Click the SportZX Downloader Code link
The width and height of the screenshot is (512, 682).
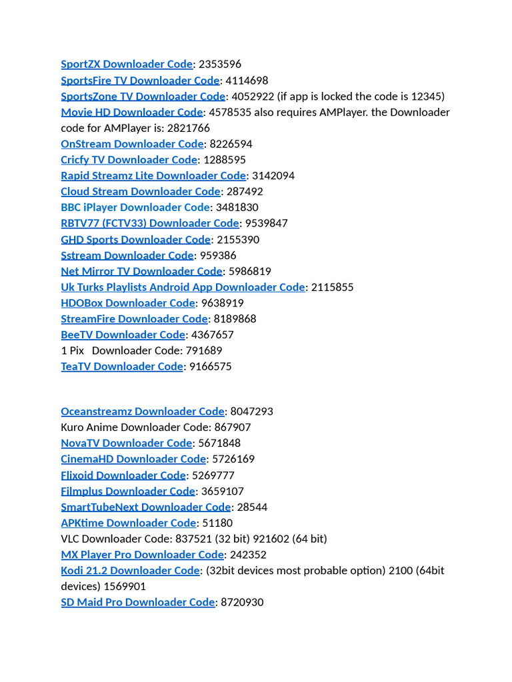tap(127, 65)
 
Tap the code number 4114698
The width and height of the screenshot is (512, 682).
tap(247, 81)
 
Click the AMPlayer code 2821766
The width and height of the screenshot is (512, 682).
tap(189, 128)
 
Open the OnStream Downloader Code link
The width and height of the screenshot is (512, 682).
tap(132, 144)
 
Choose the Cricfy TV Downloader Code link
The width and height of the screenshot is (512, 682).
tap(129, 160)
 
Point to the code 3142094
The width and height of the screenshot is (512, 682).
tap(273, 176)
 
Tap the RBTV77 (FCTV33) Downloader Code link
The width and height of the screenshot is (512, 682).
tap(150, 223)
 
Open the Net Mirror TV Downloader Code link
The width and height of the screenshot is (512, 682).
tap(141, 271)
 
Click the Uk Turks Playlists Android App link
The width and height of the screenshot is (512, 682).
tap(183, 287)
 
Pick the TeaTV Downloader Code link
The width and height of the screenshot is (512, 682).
tap(122, 366)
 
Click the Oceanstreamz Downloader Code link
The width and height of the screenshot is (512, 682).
tap(143, 412)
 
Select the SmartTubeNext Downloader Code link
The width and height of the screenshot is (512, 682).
tap(145, 507)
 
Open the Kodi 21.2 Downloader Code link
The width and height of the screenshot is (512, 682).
tap(130, 571)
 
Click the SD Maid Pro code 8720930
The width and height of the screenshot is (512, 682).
tap(242, 602)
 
